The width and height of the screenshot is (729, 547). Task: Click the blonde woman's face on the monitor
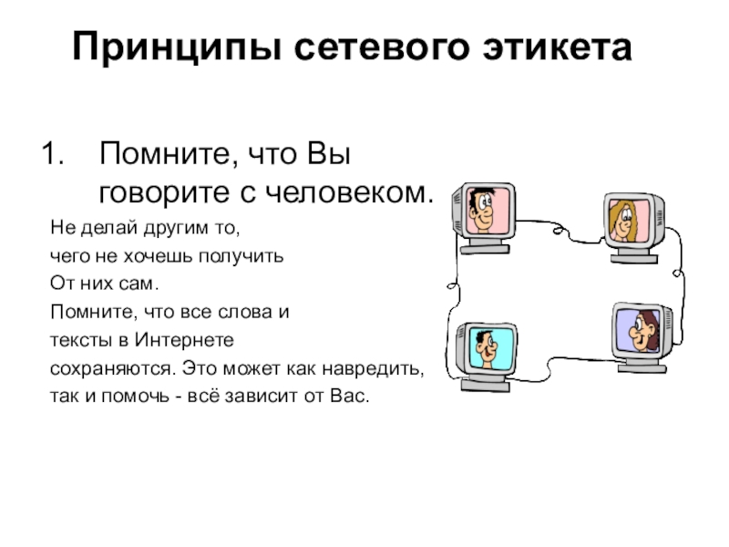point(625,220)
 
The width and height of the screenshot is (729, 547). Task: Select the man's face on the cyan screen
point(485,347)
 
